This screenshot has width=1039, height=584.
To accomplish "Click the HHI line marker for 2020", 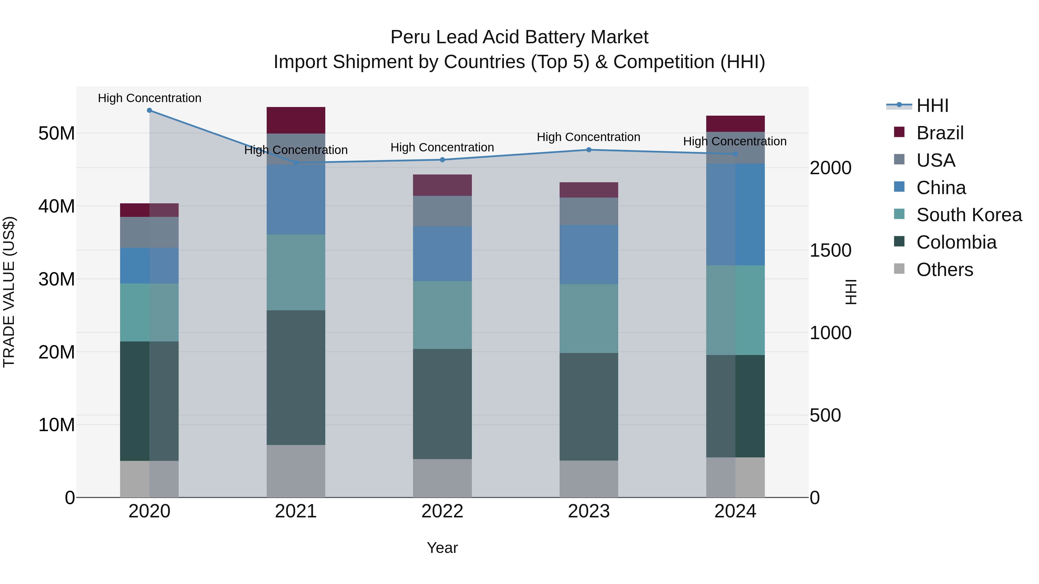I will click(149, 110).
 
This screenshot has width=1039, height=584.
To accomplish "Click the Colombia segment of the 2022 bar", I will click(442, 403).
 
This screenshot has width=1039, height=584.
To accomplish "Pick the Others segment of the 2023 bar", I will click(588, 478).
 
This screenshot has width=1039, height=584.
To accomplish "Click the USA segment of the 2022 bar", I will click(442, 211).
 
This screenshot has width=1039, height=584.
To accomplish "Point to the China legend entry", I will click(941, 188).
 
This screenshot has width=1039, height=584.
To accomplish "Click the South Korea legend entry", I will click(969, 215).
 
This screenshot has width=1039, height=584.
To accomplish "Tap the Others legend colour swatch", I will click(899, 269).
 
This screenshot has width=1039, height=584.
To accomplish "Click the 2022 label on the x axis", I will click(442, 511).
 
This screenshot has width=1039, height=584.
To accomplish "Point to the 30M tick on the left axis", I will click(57, 279).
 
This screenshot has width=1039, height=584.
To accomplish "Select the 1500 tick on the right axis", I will click(830, 250).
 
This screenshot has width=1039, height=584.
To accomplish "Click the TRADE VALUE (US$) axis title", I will click(9, 292).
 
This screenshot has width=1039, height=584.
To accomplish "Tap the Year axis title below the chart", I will click(442, 548).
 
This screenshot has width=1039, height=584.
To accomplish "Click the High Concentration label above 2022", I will click(442, 147).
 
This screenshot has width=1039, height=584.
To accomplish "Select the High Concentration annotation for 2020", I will click(149, 98).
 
